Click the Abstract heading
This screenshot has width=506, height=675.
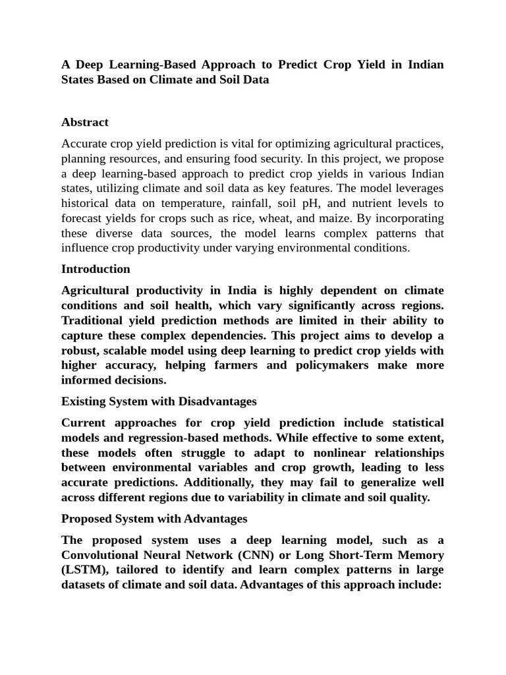click(x=84, y=122)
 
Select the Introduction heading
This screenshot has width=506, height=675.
click(x=96, y=269)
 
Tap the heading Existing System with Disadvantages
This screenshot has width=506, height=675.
click(x=159, y=401)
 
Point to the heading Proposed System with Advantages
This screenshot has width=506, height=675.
click(x=154, y=519)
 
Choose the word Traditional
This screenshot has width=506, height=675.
click(x=93, y=320)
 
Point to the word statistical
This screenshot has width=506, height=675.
click(x=410, y=423)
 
